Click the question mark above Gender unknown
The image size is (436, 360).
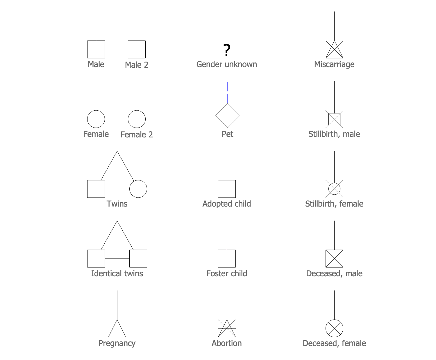[x=227, y=50]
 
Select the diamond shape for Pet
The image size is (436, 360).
[x=227, y=116]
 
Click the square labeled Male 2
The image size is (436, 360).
[x=137, y=49]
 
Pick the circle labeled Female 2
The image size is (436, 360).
[x=137, y=119]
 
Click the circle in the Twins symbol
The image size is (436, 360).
[x=138, y=189]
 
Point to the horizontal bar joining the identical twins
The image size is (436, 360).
[x=117, y=259]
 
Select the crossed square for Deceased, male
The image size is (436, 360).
[x=334, y=259]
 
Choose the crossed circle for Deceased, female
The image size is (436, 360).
[x=334, y=328]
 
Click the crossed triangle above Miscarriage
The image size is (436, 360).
[x=334, y=51]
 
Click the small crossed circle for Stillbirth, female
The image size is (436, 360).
[x=334, y=189]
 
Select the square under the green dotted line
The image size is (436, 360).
[x=227, y=259]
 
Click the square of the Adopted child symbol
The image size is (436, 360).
[x=227, y=189]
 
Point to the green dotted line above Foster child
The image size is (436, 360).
[x=227, y=235]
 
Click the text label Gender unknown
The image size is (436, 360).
[x=227, y=64]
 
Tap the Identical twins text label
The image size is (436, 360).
[x=117, y=273]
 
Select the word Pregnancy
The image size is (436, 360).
[x=117, y=343]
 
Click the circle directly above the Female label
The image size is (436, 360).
[x=96, y=119]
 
